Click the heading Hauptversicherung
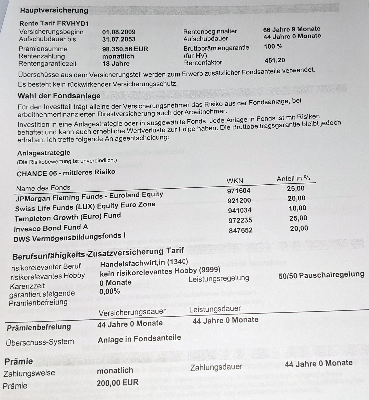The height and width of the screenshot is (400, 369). pos(54,10)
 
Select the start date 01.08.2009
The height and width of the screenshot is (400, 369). pos(119,32)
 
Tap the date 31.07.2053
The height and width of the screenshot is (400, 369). pos(119,39)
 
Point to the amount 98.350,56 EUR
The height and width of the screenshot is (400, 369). pos(125,49)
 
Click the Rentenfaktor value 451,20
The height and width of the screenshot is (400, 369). pos(275,60)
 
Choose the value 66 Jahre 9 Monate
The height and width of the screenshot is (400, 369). pos(292,29)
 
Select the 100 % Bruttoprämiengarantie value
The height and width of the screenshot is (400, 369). pos(273,46)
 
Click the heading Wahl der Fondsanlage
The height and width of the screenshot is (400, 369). pos(59,96)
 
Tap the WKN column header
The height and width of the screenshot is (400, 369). pos(235,181)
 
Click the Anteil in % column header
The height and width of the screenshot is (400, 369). pos(293,178)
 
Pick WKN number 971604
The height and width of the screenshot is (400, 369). pos(239,191)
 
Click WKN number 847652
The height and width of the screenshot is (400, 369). pos(240,230)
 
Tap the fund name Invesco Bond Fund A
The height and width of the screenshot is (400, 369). pos(51,228)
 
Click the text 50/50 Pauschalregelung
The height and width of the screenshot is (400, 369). pos(321,275)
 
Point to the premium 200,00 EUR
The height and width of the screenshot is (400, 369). pos(117,383)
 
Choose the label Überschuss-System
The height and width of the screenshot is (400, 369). pos(40,342)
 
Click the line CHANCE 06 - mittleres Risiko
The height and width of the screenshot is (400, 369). pos(66,173)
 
